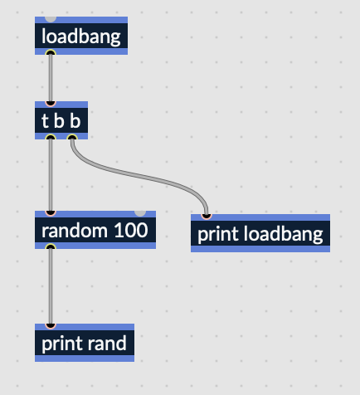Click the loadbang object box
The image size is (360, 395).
click(x=81, y=36)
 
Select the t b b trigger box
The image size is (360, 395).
click(x=61, y=120)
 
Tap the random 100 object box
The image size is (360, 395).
click(x=95, y=230)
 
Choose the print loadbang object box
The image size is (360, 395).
click(x=260, y=233)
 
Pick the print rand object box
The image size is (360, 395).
click(x=85, y=343)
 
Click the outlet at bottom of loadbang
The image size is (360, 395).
click(x=51, y=52)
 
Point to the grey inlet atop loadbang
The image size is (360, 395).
click(x=51, y=19)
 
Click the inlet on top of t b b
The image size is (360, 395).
click(x=51, y=104)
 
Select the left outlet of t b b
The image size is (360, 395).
click(x=51, y=137)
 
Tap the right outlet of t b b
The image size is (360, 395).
click(x=72, y=137)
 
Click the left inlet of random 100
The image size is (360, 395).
click(x=51, y=213)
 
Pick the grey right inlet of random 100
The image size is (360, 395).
click(x=140, y=213)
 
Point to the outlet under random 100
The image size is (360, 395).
click(x=51, y=246)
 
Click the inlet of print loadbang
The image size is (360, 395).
click(x=207, y=217)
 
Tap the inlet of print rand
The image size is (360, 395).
click(x=51, y=326)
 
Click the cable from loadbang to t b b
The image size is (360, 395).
click(x=51, y=78)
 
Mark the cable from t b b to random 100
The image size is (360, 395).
click(x=51, y=175)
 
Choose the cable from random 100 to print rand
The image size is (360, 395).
click(x=51, y=286)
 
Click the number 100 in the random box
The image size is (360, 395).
click(x=131, y=230)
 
